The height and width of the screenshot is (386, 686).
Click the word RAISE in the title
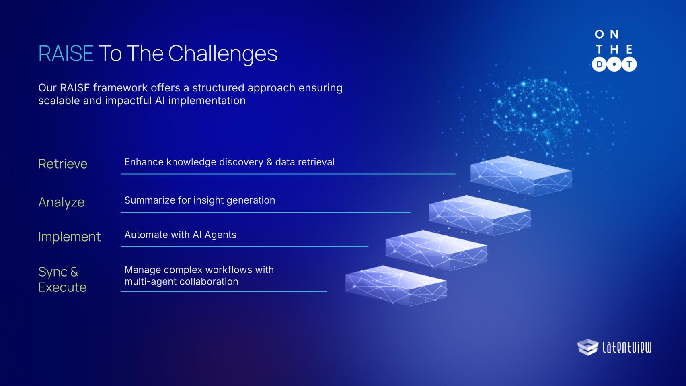pyautogui.click(x=66, y=54)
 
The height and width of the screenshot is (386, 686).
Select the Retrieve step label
pyautogui.click(x=63, y=164)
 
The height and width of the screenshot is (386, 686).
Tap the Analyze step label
pyautogui.click(x=61, y=202)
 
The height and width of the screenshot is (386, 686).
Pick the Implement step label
pyautogui.click(x=70, y=237)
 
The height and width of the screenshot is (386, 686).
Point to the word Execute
pyautogui.click(x=62, y=287)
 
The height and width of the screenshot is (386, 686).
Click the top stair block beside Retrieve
pyautogui.click(x=521, y=175)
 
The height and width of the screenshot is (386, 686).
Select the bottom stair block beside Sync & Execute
pyautogui.click(x=396, y=285)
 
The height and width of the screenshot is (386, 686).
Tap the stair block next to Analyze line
pyautogui.click(x=480, y=215)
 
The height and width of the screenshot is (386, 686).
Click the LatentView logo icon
pyautogui.click(x=588, y=347)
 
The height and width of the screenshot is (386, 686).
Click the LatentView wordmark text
pyautogui.click(x=627, y=347)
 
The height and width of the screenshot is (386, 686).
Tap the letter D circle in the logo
pyautogui.click(x=599, y=64)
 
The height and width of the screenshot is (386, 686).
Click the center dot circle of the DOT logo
pyautogui.click(x=614, y=64)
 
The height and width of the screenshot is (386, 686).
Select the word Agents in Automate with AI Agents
pyautogui.click(x=220, y=235)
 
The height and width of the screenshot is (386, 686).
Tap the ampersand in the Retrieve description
pyautogui.click(x=269, y=162)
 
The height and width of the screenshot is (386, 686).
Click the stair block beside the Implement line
pyautogui.click(x=436, y=250)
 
